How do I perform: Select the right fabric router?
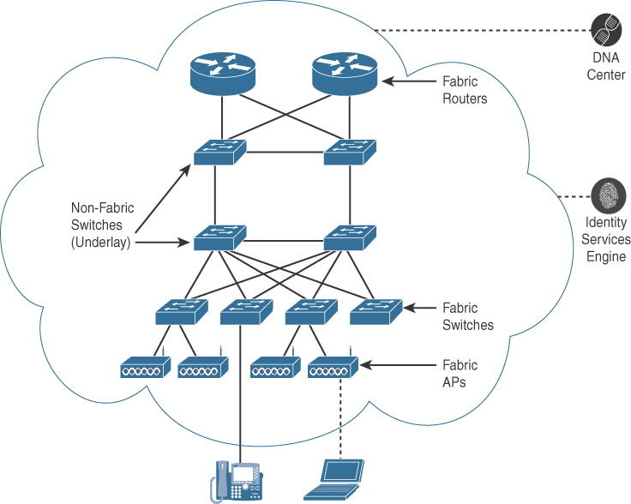tap(345, 75)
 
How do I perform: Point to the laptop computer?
tap(334, 480)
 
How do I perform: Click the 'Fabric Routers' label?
tap(464, 90)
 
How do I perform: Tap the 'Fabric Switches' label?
tap(467, 316)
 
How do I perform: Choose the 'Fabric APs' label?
tap(460, 374)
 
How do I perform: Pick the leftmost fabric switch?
tap(181, 311)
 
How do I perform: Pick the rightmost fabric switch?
tap(376, 311)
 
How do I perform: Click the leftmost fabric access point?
tap(146, 369)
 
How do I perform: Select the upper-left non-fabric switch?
tap(219, 153)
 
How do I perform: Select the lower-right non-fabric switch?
tap(349, 237)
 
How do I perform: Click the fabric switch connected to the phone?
tap(246, 311)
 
